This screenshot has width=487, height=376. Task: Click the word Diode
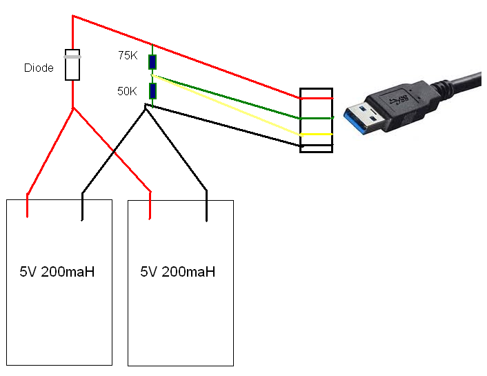pos(39,68)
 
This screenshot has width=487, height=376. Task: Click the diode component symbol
pos(72,65)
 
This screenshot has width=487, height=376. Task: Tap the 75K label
pos(128,56)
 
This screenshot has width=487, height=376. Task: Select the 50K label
pos(128,90)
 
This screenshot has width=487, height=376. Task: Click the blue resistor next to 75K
pos(152,62)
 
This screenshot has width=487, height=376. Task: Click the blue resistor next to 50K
pos(152,91)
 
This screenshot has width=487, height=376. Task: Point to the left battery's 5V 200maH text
pos(57,272)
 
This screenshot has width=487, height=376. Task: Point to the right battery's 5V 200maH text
pos(178,272)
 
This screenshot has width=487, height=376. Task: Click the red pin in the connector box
pos(316,98)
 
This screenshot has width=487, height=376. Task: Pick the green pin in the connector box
pos(316,118)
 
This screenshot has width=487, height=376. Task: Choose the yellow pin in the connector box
pos(316,134)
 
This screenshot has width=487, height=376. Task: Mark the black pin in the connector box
pos(316,146)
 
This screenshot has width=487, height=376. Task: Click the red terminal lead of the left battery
pos(28,206)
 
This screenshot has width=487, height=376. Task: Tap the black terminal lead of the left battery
pos(82,206)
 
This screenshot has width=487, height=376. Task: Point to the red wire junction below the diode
pos(72,108)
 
